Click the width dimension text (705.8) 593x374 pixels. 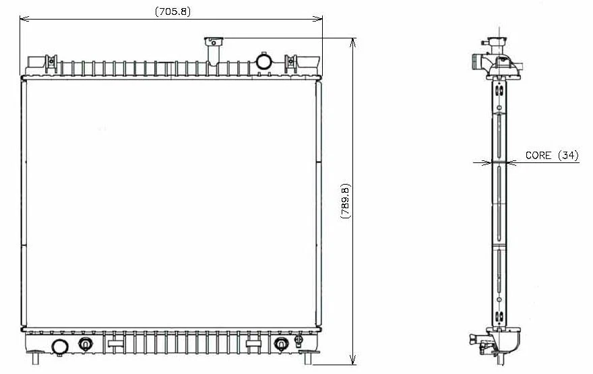[171, 11]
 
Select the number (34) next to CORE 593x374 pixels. [568, 156]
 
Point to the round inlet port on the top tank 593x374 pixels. [263, 62]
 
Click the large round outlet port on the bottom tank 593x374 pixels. [59, 347]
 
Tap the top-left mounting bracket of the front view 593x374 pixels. [50, 63]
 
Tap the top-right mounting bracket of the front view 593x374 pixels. [290, 63]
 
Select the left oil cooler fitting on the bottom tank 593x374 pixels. [85, 344]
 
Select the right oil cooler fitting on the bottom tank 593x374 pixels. [281, 344]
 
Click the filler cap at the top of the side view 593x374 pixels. [498, 42]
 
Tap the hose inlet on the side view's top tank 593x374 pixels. [478, 63]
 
